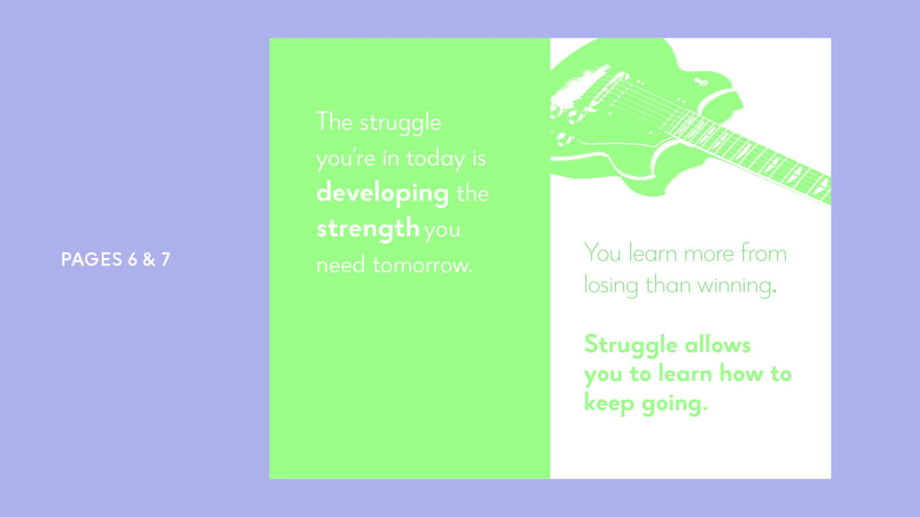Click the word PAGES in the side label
tap(92, 259)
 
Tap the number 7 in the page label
tap(165, 259)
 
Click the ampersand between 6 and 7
tap(149, 259)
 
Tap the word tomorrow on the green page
tap(422, 265)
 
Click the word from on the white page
tap(764, 253)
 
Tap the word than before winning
tap(668, 285)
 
